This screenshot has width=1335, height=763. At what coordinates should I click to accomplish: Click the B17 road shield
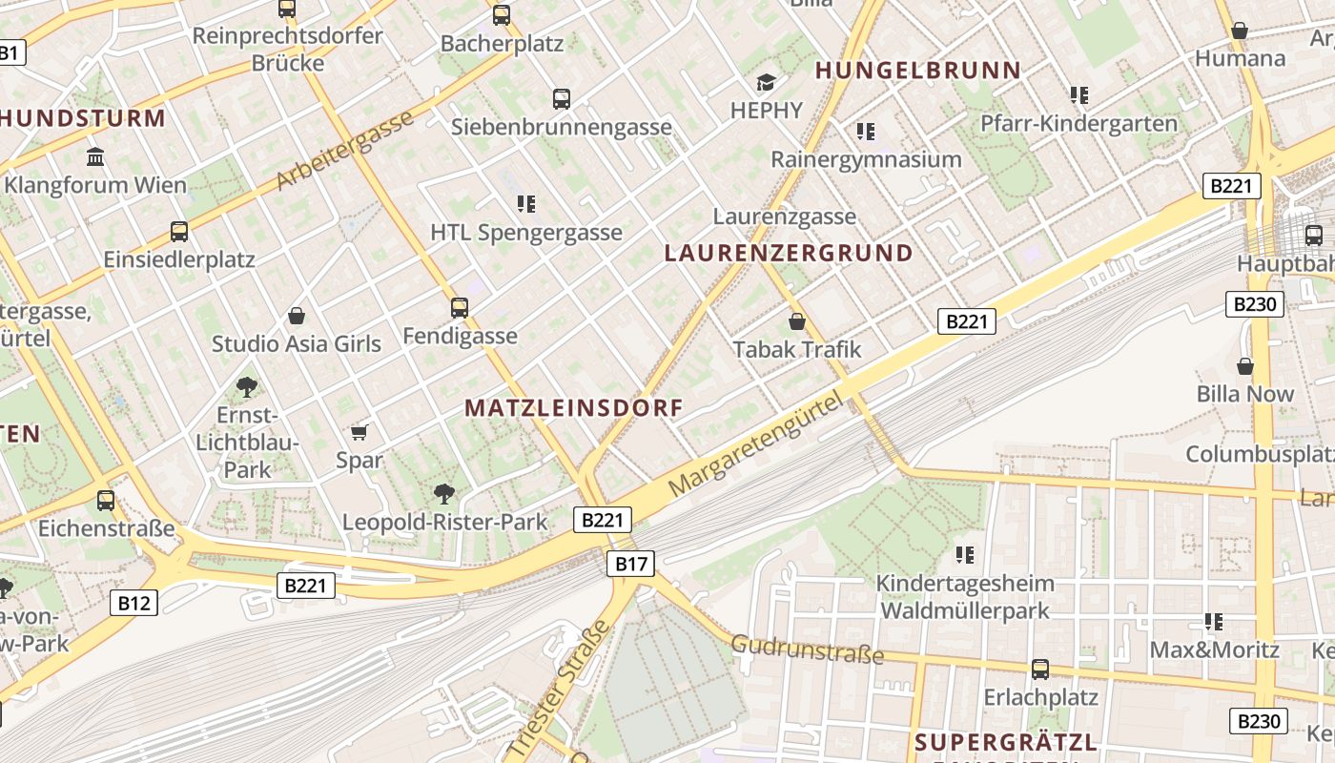pos(630,564)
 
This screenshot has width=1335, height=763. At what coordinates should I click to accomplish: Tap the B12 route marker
pos(133,602)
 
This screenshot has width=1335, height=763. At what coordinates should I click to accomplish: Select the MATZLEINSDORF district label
pos(574,408)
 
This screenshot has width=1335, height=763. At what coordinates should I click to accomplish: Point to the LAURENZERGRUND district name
pos(789,253)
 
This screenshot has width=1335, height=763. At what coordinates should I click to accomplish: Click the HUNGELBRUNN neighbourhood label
pos(918,70)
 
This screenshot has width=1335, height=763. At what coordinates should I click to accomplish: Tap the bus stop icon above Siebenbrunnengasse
pos(562,98)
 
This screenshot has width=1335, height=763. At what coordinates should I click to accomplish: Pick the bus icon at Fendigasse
pos(460,307)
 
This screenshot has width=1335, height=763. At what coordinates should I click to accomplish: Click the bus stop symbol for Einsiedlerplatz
pos(179,231)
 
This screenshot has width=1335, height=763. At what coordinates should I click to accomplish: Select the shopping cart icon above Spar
pos(359,433)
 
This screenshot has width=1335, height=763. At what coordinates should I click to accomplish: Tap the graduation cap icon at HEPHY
pos(767,82)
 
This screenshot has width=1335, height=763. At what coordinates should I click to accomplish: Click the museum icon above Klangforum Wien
pos(95,156)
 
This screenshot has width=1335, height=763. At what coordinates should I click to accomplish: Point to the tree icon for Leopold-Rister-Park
pos(444,493)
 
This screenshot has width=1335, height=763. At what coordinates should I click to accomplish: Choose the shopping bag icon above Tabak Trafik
pos(797,321)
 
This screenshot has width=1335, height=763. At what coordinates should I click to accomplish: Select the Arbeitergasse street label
pos(346,149)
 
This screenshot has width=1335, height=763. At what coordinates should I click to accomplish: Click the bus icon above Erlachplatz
pos(1040,670)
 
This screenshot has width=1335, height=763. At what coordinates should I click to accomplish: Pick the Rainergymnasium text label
pos(866,159)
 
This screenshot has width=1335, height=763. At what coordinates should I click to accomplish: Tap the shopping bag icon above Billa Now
pos(1245,365)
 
